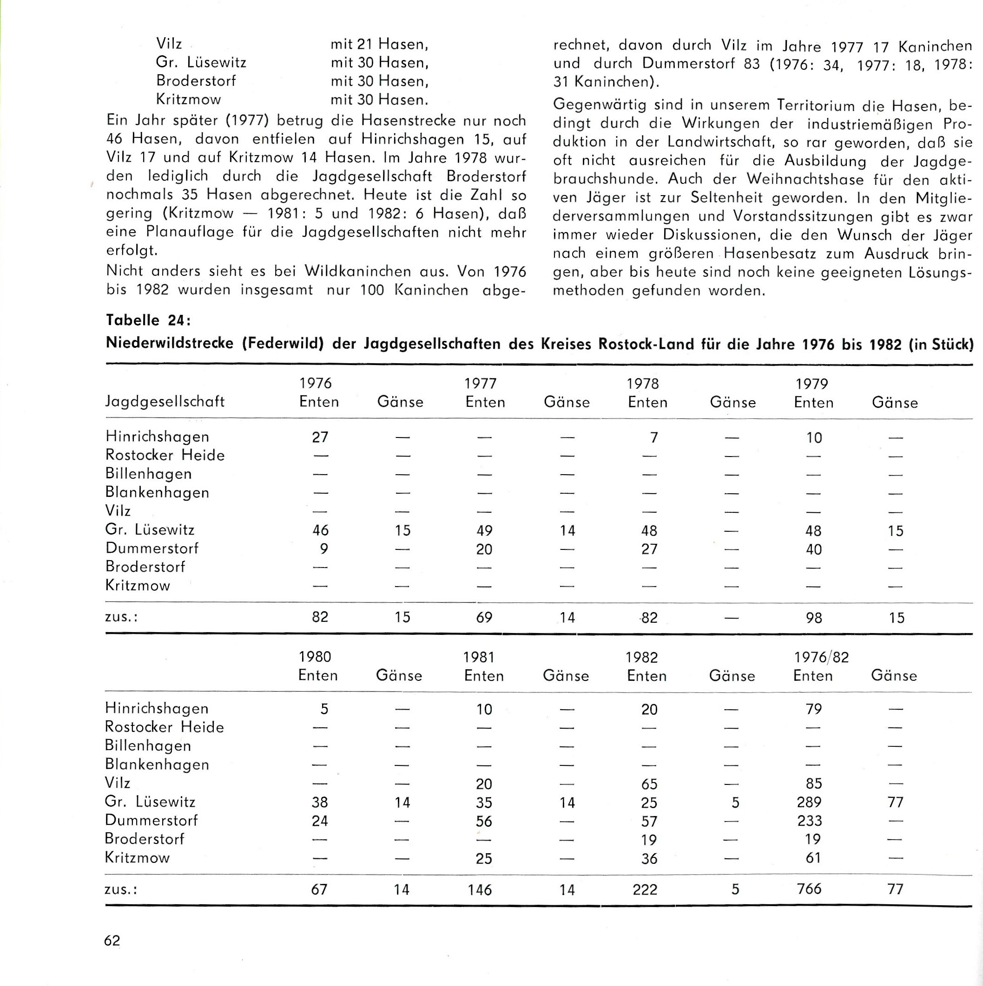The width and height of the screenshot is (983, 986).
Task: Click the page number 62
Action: [x=112, y=940]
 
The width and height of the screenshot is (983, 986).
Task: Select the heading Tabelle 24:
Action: [x=148, y=320]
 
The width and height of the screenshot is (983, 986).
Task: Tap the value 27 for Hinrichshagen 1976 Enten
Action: [x=320, y=437]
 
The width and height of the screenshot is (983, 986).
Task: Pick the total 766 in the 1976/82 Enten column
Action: [x=809, y=888]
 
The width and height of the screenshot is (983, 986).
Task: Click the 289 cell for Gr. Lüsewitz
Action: [x=809, y=802]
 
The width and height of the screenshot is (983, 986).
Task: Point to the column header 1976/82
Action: [x=821, y=657]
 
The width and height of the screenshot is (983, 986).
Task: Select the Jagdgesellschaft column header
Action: [x=165, y=402]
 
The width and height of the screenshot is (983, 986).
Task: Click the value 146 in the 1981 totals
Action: [x=480, y=889]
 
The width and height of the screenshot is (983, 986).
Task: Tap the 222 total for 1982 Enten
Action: [x=645, y=889]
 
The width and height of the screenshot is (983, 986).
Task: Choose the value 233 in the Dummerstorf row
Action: [x=809, y=821]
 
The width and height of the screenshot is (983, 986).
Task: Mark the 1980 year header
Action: [x=315, y=656]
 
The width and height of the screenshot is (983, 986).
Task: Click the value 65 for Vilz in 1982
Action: [x=649, y=784]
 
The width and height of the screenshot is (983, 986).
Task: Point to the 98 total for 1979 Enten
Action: [x=813, y=618]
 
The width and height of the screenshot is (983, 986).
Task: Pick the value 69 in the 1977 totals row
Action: [x=484, y=618]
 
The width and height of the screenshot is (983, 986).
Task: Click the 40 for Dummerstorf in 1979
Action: [x=813, y=549]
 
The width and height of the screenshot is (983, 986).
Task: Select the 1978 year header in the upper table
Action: [x=643, y=383]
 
